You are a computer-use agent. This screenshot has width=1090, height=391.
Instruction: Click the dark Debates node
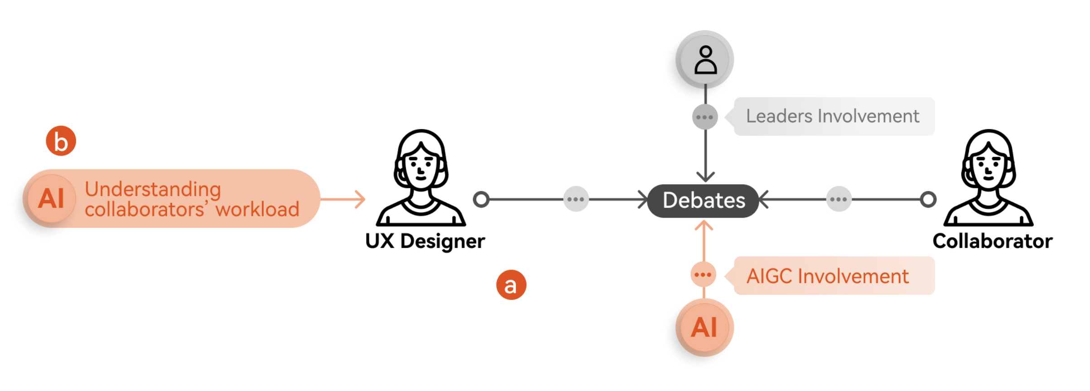point(703,200)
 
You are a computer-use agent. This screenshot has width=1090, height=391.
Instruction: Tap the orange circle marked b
point(61,141)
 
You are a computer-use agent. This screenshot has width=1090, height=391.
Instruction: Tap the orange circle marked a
point(511,285)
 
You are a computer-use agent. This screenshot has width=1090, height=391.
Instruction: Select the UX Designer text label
point(425,241)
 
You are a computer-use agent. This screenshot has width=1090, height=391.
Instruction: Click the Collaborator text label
point(992,241)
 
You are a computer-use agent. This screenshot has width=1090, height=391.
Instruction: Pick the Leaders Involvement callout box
point(834,116)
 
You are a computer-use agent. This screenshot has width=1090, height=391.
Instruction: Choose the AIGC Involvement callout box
point(834,276)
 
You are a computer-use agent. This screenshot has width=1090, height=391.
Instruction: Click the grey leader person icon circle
point(705,59)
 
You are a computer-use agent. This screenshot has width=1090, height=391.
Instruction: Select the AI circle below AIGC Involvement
point(704,327)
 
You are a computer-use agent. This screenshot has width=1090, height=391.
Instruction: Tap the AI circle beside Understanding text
point(51,199)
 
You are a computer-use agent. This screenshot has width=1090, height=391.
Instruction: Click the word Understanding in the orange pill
point(153,189)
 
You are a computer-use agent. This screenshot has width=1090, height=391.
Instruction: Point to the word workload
point(257,210)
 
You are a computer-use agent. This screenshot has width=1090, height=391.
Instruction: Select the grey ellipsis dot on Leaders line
point(705,117)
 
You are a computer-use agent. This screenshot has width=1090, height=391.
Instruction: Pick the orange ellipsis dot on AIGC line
point(703,275)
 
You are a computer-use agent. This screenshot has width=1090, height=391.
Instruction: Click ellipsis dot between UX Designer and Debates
point(576,199)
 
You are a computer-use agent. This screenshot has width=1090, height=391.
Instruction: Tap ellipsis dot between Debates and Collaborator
point(839,199)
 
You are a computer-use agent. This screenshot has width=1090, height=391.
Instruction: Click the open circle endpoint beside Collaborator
point(928,199)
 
